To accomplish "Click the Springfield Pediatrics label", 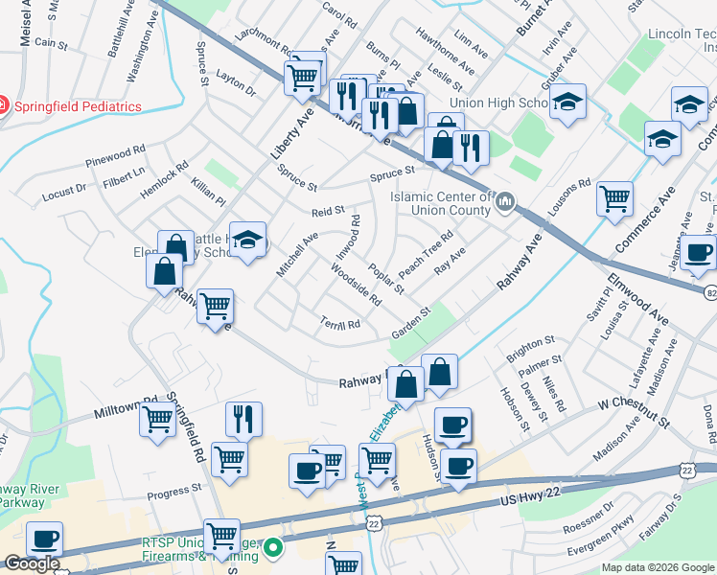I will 78,106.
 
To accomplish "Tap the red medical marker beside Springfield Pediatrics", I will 5,106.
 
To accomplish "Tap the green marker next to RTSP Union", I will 273,548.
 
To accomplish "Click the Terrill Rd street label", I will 339,325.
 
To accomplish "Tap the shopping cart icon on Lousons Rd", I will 614,198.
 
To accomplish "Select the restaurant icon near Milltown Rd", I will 243,419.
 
